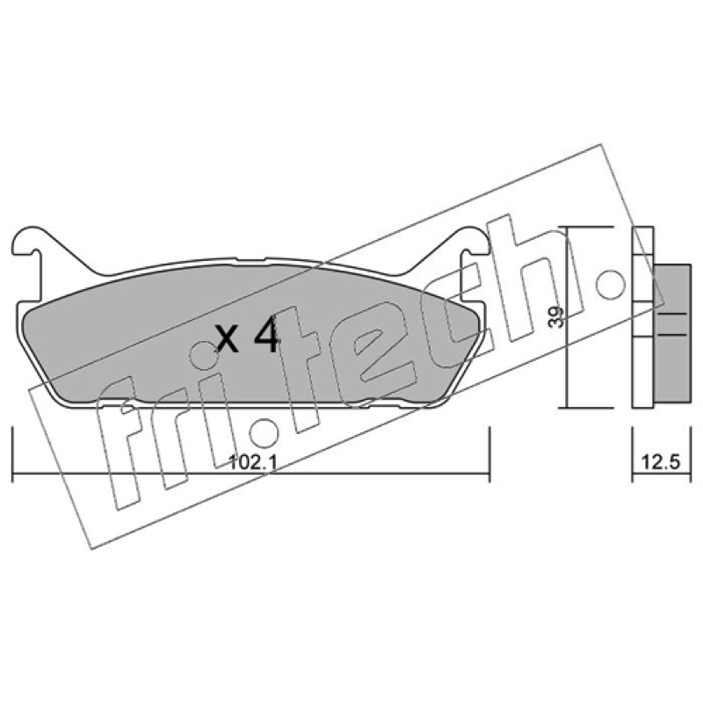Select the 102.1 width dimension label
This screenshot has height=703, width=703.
(x=253, y=462)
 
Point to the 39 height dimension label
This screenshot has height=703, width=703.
(x=556, y=317)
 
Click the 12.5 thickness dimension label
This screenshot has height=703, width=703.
(x=661, y=462)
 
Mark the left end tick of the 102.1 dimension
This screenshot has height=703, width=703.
(x=12, y=454)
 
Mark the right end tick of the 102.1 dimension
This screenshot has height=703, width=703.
(x=489, y=454)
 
